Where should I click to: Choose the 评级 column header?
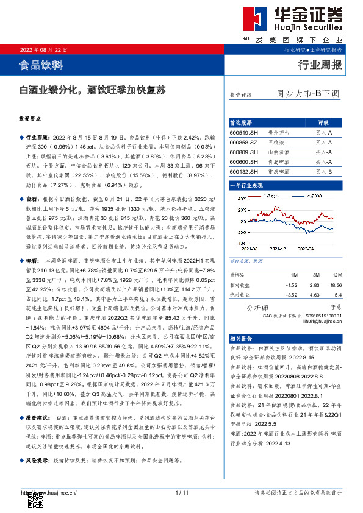(323, 122)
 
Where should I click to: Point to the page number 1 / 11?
(182, 492)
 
